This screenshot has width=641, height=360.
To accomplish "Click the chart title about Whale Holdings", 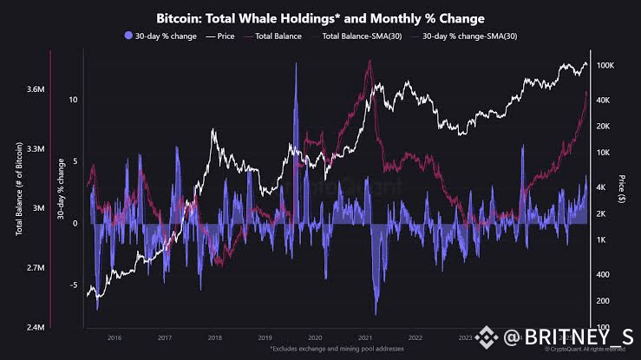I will point(320,17).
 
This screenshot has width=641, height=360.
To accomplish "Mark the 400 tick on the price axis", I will point(605,275).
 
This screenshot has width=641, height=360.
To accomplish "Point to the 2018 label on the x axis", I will point(214,338).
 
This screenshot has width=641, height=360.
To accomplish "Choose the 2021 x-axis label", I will point(365,338).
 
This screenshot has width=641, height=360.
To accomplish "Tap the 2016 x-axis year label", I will point(114,338).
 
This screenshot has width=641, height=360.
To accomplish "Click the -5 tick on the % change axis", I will point(74,285).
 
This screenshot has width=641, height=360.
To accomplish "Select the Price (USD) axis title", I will point(623,196).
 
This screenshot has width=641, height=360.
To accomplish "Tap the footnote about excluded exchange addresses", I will point(320,348).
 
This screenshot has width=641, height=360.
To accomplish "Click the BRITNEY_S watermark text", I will point(572,336).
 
